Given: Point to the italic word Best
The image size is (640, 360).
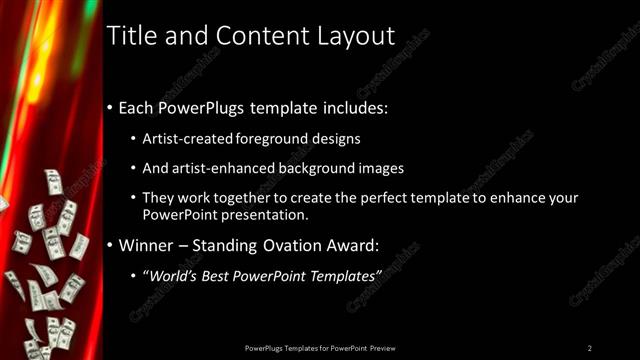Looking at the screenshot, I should tap(218, 275).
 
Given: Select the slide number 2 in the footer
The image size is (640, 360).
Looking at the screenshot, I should tap(590, 347).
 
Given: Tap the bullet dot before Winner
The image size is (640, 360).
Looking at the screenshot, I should tap(110, 244).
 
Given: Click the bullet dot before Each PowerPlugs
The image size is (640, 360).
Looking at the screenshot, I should tap(110, 107).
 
